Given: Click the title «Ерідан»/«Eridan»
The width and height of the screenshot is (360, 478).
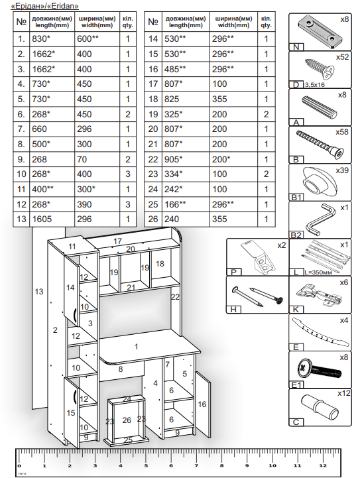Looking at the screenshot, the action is click(x=44, y=6).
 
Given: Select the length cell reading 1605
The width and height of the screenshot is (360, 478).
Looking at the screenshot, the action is click(x=42, y=219).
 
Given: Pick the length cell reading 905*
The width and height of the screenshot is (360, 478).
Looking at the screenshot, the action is click(x=174, y=159).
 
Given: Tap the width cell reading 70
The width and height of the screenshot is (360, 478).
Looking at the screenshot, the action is click(x=82, y=159).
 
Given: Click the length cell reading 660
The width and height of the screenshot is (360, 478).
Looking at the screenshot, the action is click(x=40, y=129).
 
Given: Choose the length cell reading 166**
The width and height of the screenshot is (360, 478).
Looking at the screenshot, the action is click(x=175, y=204).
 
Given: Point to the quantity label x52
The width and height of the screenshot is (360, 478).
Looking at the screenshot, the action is click(x=342, y=57).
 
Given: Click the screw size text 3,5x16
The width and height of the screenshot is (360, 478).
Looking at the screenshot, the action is click(x=314, y=85).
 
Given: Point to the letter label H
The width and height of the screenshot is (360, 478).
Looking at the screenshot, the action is click(x=233, y=310).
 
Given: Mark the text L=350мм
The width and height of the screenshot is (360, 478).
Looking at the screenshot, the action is click(x=318, y=272).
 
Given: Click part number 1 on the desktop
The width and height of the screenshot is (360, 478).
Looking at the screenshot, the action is click(x=137, y=347).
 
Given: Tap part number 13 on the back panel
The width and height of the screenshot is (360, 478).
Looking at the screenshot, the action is click(x=39, y=292).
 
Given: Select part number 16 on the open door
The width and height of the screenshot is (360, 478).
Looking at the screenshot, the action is click(x=202, y=404).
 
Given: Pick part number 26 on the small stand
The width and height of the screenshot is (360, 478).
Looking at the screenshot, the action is click(x=127, y=420).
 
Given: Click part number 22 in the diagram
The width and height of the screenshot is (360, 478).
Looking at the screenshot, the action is click(x=175, y=296).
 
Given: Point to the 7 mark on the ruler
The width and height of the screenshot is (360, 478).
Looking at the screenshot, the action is click(x=196, y=465).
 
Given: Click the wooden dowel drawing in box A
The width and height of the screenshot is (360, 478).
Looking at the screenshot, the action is click(x=319, y=107).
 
